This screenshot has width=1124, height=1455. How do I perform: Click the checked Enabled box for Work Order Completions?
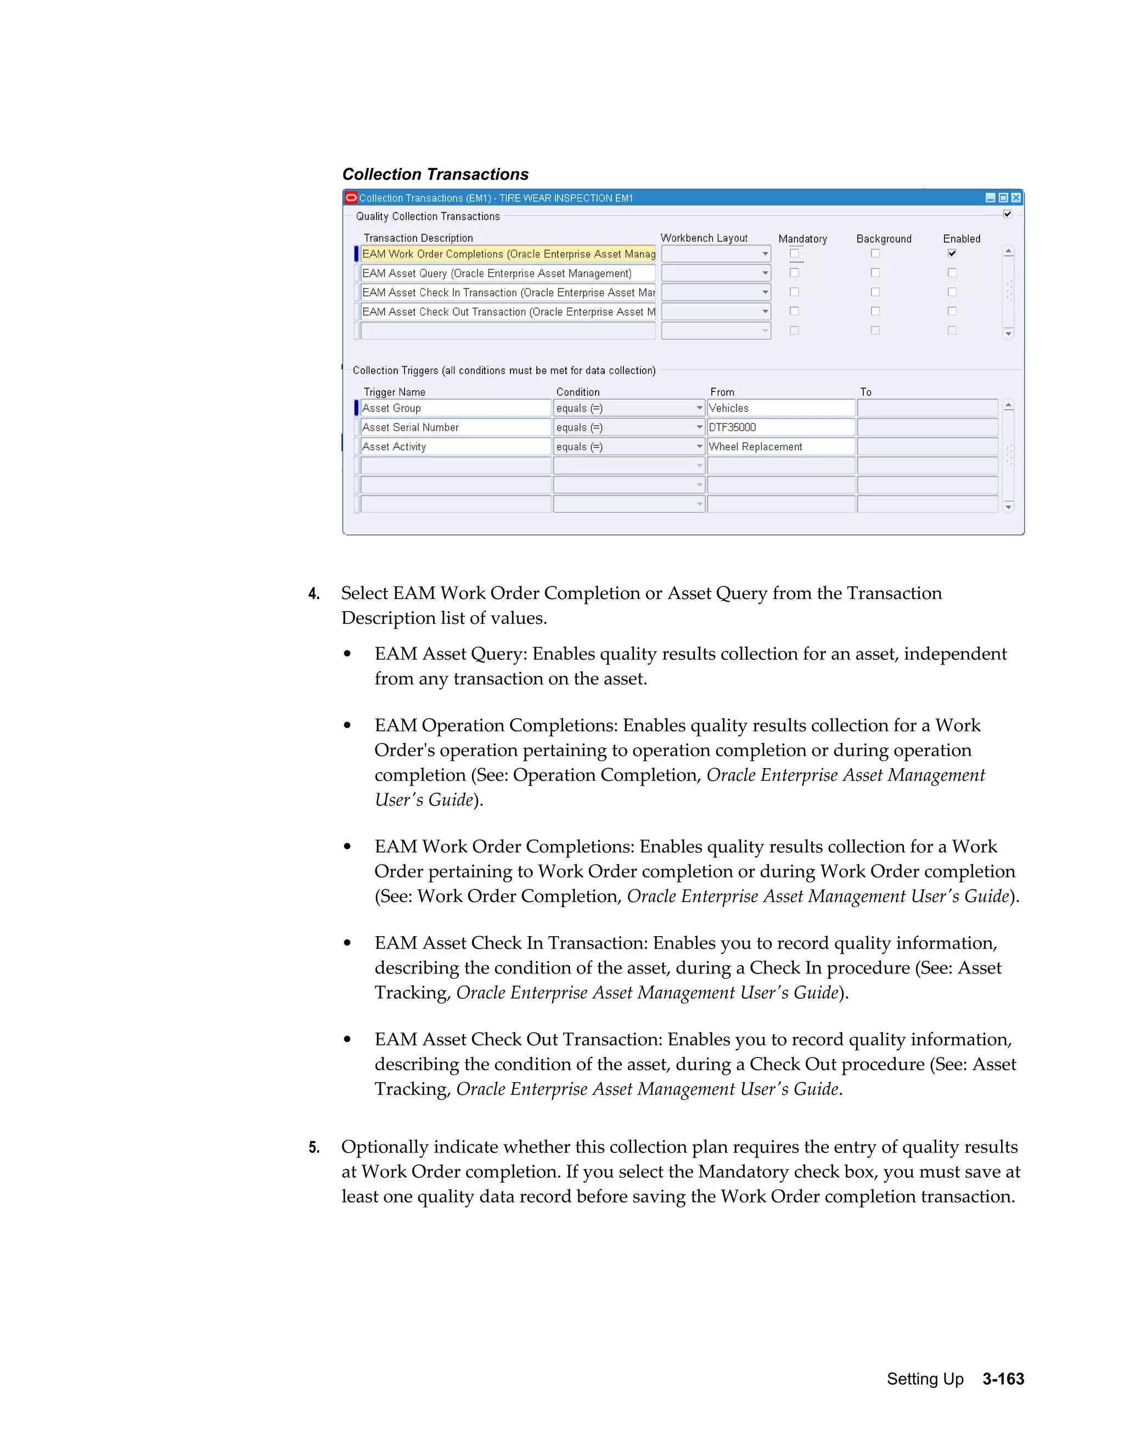(x=952, y=253)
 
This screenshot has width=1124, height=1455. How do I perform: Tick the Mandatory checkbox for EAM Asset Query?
(x=794, y=272)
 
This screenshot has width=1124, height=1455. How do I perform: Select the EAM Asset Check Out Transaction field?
(x=508, y=312)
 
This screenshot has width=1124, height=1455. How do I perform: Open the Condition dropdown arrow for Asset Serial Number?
(x=699, y=428)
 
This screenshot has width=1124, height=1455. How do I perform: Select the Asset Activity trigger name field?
(x=455, y=447)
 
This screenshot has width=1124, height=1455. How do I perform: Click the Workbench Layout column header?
(x=704, y=238)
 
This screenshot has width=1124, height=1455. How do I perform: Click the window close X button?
(x=1015, y=198)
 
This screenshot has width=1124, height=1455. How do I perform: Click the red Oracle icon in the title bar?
(x=351, y=198)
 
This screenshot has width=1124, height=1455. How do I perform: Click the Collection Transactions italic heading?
(x=435, y=175)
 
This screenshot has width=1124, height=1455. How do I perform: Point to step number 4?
(x=313, y=594)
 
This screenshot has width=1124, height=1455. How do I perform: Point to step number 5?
(x=313, y=1147)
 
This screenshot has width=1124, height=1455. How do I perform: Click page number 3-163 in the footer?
(x=1003, y=1379)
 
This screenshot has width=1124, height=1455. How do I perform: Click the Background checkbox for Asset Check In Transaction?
(x=875, y=292)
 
